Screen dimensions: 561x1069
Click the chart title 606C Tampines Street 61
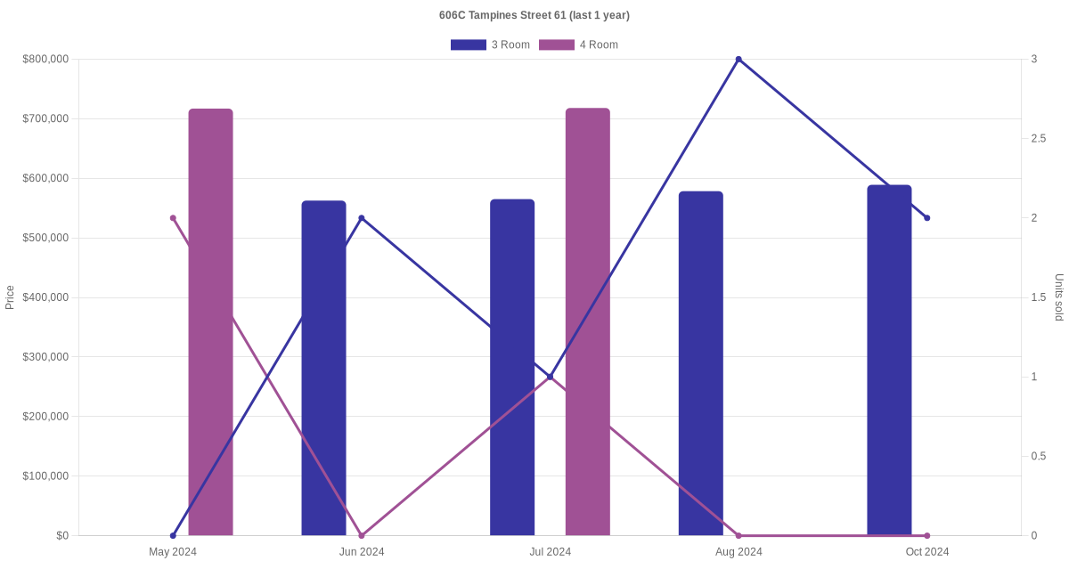(x=534, y=15)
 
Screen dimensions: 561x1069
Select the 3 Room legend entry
(x=490, y=45)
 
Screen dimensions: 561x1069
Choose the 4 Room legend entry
(x=578, y=45)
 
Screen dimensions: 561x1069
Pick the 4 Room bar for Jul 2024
(x=588, y=321)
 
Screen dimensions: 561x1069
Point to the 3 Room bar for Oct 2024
(x=889, y=360)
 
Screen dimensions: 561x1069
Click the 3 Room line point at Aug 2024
(x=739, y=60)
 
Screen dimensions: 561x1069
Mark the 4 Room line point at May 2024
(x=173, y=218)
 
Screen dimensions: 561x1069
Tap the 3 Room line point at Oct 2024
(x=927, y=218)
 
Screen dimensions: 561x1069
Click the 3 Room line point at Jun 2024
(x=362, y=218)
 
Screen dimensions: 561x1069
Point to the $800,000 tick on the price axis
(x=45, y=60)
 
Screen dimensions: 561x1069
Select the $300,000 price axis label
(x=45, y=357)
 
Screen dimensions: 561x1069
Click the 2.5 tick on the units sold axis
(x=1039, y=139)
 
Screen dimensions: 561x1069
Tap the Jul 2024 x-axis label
(x=551, y=552)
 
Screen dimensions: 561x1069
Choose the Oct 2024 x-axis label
(x=927, y=552)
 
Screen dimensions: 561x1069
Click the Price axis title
(x=10, y=297)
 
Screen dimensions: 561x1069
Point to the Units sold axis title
(x=1059, y=297)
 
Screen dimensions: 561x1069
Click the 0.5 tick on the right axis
(x=1039, y=457)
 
